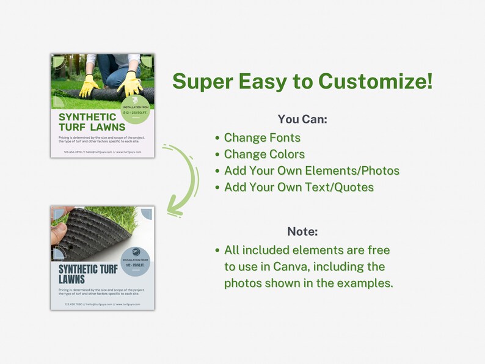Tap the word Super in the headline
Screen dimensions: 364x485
[205, 81]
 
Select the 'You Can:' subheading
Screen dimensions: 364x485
[302, 119]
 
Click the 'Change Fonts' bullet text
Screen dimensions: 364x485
[262, 137]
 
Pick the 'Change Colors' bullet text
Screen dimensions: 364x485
[264, 154]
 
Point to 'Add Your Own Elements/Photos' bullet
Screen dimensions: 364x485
[312, 170]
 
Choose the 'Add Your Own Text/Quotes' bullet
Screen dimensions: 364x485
[299, 187]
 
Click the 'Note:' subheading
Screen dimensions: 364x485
[302, 231]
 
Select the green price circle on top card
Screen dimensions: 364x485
[136, 108]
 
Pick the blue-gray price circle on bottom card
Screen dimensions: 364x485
[136, 261]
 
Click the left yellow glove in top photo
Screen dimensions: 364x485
[90, 86]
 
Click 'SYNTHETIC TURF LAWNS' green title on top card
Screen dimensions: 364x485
[92, 122]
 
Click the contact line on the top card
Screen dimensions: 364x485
[102, 151]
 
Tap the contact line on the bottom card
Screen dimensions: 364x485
[102, 304]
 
